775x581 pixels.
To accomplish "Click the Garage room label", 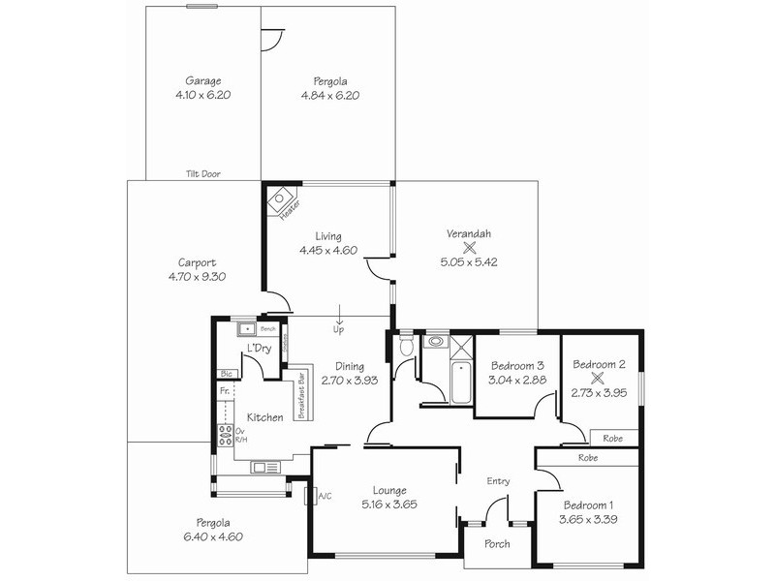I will [x=203, y=81].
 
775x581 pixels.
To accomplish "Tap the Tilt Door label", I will [x=203, y=174].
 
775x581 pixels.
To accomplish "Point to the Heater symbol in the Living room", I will [x=283, y=202].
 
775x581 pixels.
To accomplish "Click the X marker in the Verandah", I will [x=468, y=247].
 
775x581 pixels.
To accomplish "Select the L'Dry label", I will [x=258, y=348].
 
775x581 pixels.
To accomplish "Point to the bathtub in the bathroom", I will [x=460, y=382].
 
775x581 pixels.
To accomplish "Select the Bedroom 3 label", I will [x=515, y=366].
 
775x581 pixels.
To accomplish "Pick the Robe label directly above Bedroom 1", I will [x=587, y=457].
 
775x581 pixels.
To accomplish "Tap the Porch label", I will [x=498, y=544].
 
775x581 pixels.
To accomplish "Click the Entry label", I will [x=498, y=481].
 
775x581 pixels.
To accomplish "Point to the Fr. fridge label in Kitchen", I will [x=224, y=390].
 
